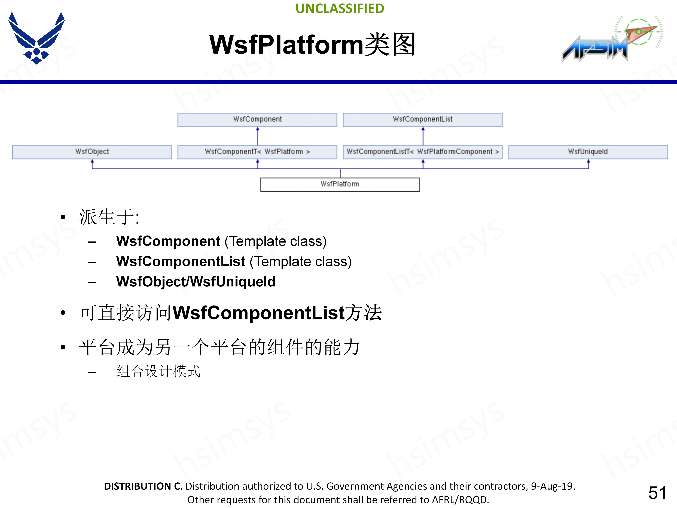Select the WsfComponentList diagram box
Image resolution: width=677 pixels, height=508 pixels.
(422, 119)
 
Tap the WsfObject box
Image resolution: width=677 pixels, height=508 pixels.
(92, 152)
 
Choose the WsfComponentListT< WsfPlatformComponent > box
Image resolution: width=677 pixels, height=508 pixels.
(422, 152)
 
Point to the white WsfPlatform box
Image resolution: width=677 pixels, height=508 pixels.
(340, 184)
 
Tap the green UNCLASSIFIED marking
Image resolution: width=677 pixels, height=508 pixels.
(340, 9)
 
